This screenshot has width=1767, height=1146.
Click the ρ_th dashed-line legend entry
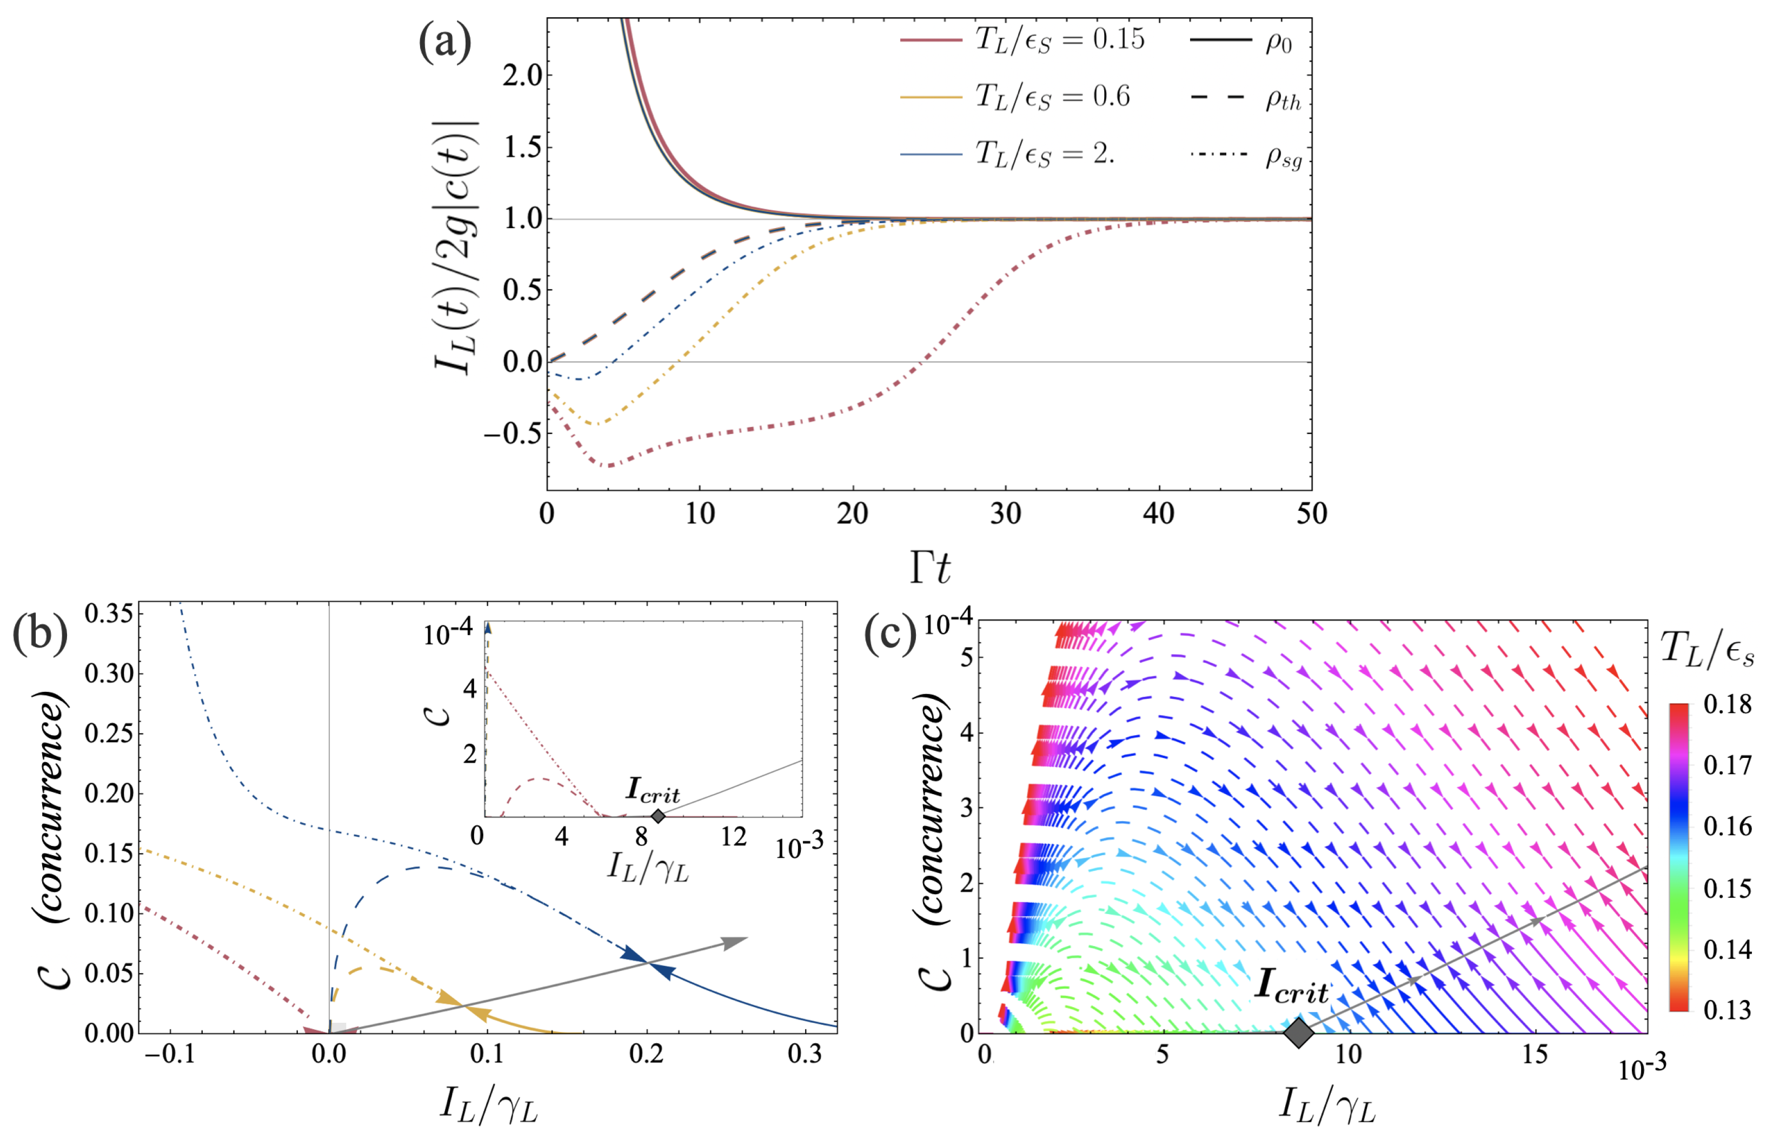[x=1247, y=99]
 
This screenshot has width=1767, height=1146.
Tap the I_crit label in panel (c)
[x=1292, y=987]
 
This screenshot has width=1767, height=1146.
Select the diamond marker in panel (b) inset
[x=657, y=816]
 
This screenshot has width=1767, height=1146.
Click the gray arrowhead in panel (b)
[x=735, y=942]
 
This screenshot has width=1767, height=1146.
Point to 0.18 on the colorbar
[x=1727, y=704]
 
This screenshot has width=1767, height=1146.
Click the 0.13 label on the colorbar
[x=1727, y=1009]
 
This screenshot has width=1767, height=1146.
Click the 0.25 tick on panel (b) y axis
[x=109, y=734]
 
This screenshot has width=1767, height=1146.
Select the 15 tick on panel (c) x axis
[x=1534, y=1054]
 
